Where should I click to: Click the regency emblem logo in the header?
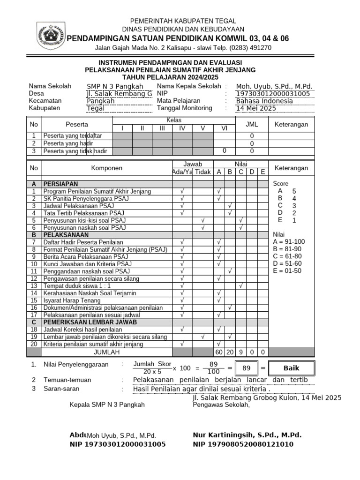50,34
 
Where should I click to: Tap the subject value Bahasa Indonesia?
264,101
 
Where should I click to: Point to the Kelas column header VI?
224,128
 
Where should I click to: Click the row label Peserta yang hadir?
68,143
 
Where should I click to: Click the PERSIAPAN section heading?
60,184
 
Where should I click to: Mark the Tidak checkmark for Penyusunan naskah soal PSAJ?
203,228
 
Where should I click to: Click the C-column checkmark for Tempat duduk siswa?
240,286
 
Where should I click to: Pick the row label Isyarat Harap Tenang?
72,300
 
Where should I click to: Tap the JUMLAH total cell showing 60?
219,352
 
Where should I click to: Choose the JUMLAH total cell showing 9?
240,352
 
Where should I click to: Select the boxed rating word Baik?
291,368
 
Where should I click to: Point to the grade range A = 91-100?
289,242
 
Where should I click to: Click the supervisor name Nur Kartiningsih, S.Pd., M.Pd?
247,435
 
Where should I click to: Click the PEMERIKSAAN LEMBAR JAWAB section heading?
90,322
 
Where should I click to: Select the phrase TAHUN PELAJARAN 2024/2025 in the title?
171,77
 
